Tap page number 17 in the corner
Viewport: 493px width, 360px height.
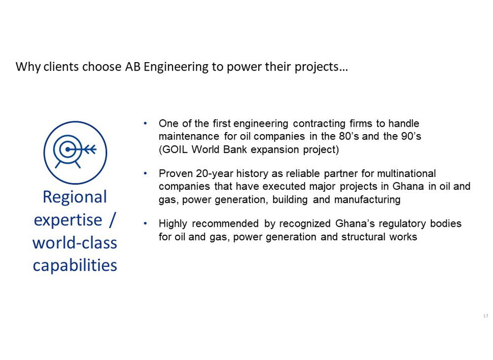tap(486, 316)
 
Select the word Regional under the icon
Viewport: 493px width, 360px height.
tap(75, 197)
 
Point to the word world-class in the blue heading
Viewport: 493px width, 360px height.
tap(75, 243)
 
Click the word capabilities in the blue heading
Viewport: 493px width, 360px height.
tap(75, 265)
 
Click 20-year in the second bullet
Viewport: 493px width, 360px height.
tap(214, 174)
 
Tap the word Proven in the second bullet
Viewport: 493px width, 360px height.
tap(176, 174)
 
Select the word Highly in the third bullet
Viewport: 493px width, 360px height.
tap(173, 224)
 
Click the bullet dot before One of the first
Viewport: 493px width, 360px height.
tap(145, 124)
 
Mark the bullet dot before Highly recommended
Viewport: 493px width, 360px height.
tap(145, 223)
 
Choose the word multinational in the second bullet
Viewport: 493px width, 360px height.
tap(406, 174)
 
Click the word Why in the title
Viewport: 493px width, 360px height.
tap(28, 67)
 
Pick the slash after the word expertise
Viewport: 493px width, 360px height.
tap(112, 220)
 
